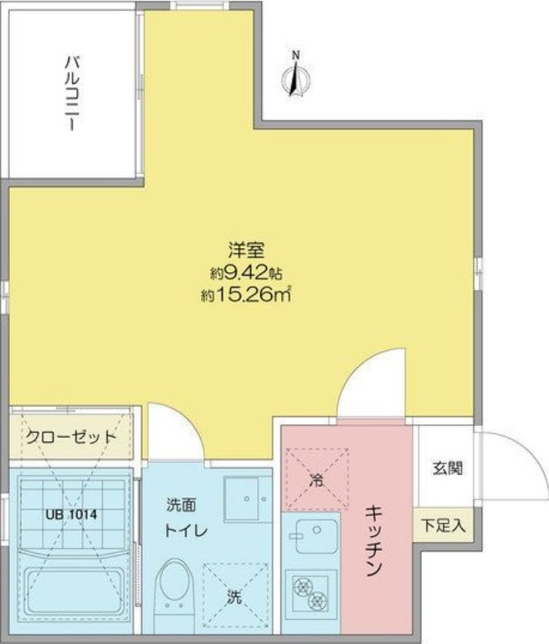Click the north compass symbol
297,76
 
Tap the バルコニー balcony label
72,93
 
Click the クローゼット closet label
71,438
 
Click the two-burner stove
309,593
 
